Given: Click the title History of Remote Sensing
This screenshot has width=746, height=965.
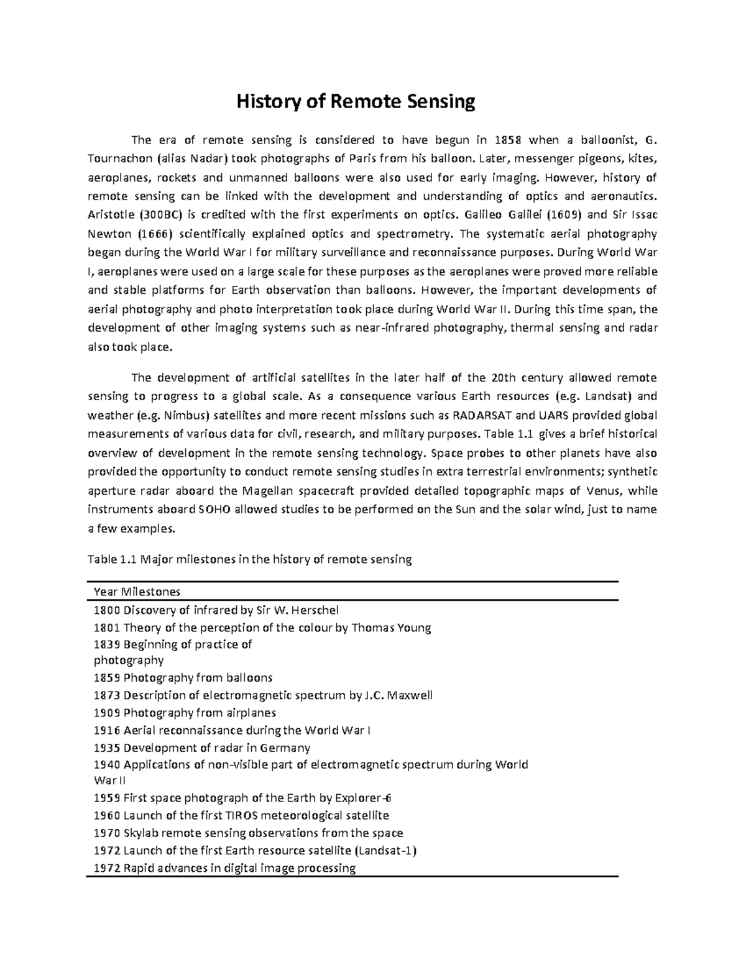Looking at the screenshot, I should (x=355, y=101).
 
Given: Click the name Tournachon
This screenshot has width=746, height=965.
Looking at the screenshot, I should (x=119, y=158).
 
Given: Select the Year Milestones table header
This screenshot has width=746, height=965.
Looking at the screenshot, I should (x=137, y=591).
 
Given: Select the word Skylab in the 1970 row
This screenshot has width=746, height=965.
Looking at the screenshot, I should (x=141, y=833).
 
